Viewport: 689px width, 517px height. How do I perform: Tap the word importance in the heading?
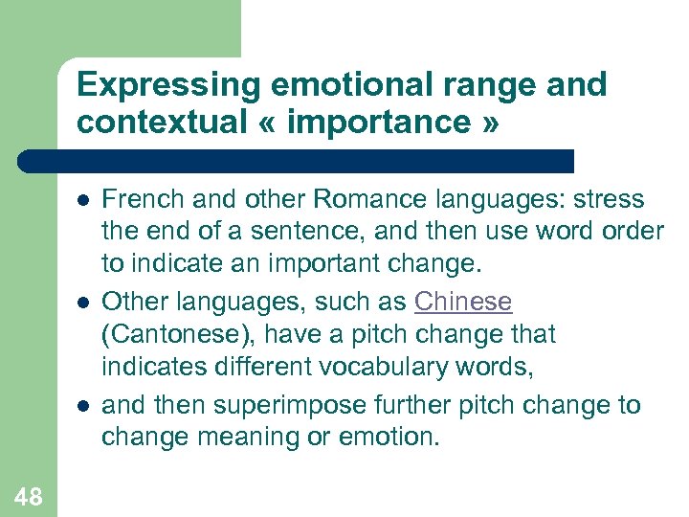[381, 123]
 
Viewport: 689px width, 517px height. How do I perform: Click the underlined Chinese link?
[463, 302]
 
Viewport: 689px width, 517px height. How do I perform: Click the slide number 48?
[28, 495]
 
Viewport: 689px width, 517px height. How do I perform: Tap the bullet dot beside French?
[83, 200]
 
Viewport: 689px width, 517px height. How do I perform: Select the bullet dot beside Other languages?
[83, 302]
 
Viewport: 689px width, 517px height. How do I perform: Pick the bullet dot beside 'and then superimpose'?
[83, 404]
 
